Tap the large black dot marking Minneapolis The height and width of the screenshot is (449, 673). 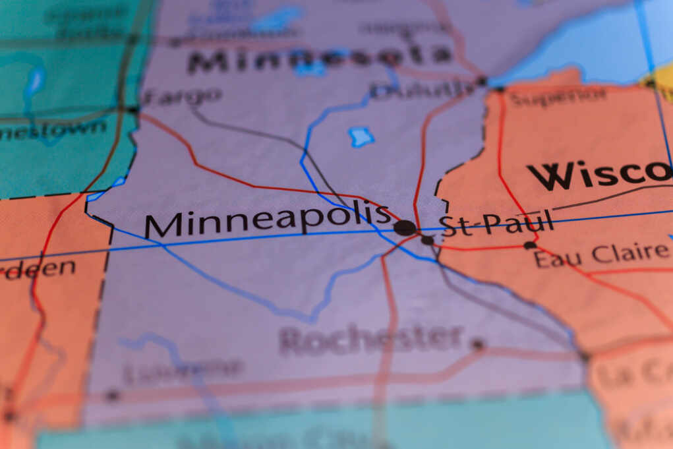coord(405,228)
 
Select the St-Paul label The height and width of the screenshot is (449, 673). coord(496,224)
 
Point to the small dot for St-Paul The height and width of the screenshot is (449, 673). coord(427,241)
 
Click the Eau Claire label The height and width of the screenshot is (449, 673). coord(600,254)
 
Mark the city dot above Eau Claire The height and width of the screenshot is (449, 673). coord(529,245)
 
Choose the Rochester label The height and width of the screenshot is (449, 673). coord(371,340)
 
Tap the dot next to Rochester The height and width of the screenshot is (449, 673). coord(478,344)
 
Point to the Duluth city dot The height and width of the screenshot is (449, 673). coord(482,81)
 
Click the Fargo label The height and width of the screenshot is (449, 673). coord(181,96)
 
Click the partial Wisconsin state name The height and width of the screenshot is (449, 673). coord(599,174)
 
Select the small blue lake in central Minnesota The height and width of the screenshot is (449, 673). coord(361,136)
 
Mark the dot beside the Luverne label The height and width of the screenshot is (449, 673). coord(112,396)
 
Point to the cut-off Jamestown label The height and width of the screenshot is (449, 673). coord(53,129)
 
